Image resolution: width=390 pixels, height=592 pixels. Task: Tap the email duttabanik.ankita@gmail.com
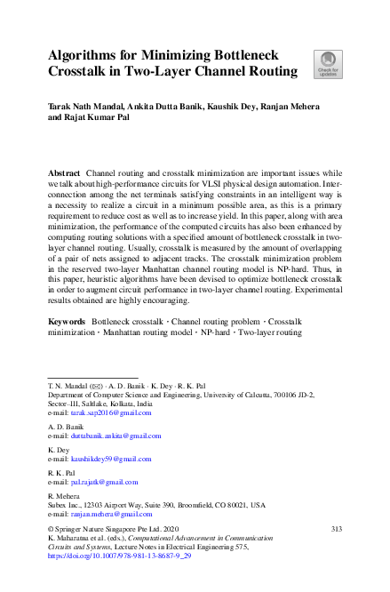[x=115, y=436]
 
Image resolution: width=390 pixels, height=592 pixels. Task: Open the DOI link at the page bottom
[x=119, y=554]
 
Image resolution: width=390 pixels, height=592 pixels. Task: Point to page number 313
[x=324, y=528]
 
